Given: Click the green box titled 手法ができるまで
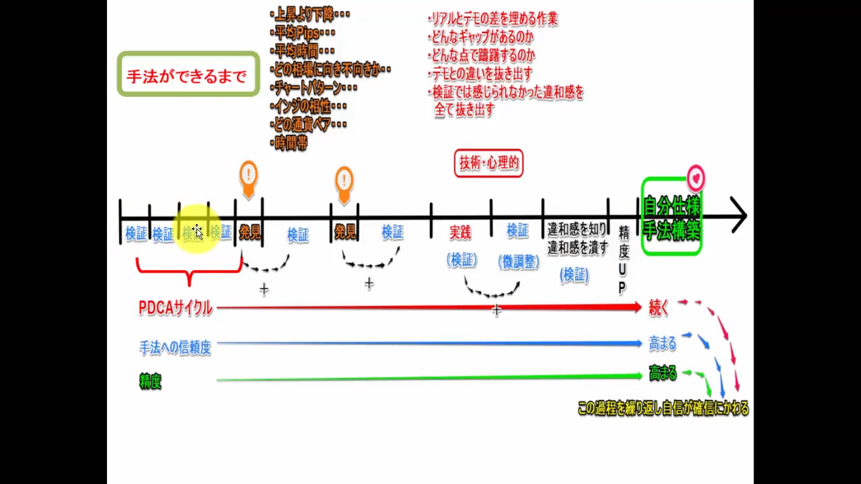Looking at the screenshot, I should click(188, 74).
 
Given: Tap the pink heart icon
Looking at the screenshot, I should click(696, 179).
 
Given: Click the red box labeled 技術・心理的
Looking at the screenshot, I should click(488, 163).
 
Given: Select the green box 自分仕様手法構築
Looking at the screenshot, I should click(671, 217).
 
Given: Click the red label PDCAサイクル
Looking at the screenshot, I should click(176, 309).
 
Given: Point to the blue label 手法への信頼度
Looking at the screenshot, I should click(175, 348).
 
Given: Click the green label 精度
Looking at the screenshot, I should click(151, 382).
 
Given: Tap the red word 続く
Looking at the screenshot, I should click(659, 308).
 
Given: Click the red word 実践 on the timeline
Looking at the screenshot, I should click(460, 233).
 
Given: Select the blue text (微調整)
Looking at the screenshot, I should click(519, 262).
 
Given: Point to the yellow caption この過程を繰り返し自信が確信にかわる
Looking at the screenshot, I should click(663, 409).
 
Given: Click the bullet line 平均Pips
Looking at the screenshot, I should click(303, 32).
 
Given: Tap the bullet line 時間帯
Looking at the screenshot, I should click(291, 143).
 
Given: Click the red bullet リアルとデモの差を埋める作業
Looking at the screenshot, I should click(493, 19).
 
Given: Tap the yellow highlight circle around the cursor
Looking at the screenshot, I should click(197, 230).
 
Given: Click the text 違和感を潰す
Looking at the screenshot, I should click(577, 247).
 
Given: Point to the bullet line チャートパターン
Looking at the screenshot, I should click(313, 87).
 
